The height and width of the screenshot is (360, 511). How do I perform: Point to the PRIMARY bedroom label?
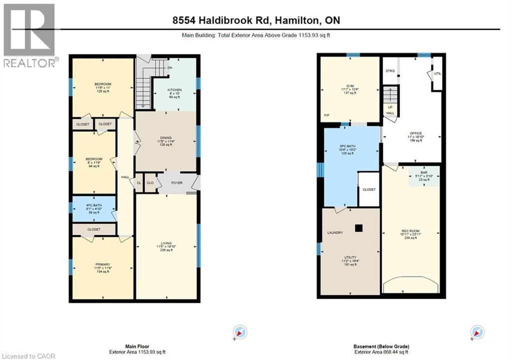[x=103, y=264]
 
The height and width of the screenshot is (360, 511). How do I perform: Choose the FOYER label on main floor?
[x=177, y=183]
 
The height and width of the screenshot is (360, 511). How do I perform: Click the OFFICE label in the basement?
[x=416, y=133]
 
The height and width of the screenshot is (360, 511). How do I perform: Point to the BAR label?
[x=424, y=172]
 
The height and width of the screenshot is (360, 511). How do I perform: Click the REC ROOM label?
[x=411, y=230]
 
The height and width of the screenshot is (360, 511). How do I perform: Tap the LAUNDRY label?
[x=335, y=233]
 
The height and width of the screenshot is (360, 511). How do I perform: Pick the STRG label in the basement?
[x=390, y=71]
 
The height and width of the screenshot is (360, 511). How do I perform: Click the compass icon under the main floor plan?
[x=240, y=332]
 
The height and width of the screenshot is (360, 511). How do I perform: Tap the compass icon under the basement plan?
[x=478, y=332]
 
